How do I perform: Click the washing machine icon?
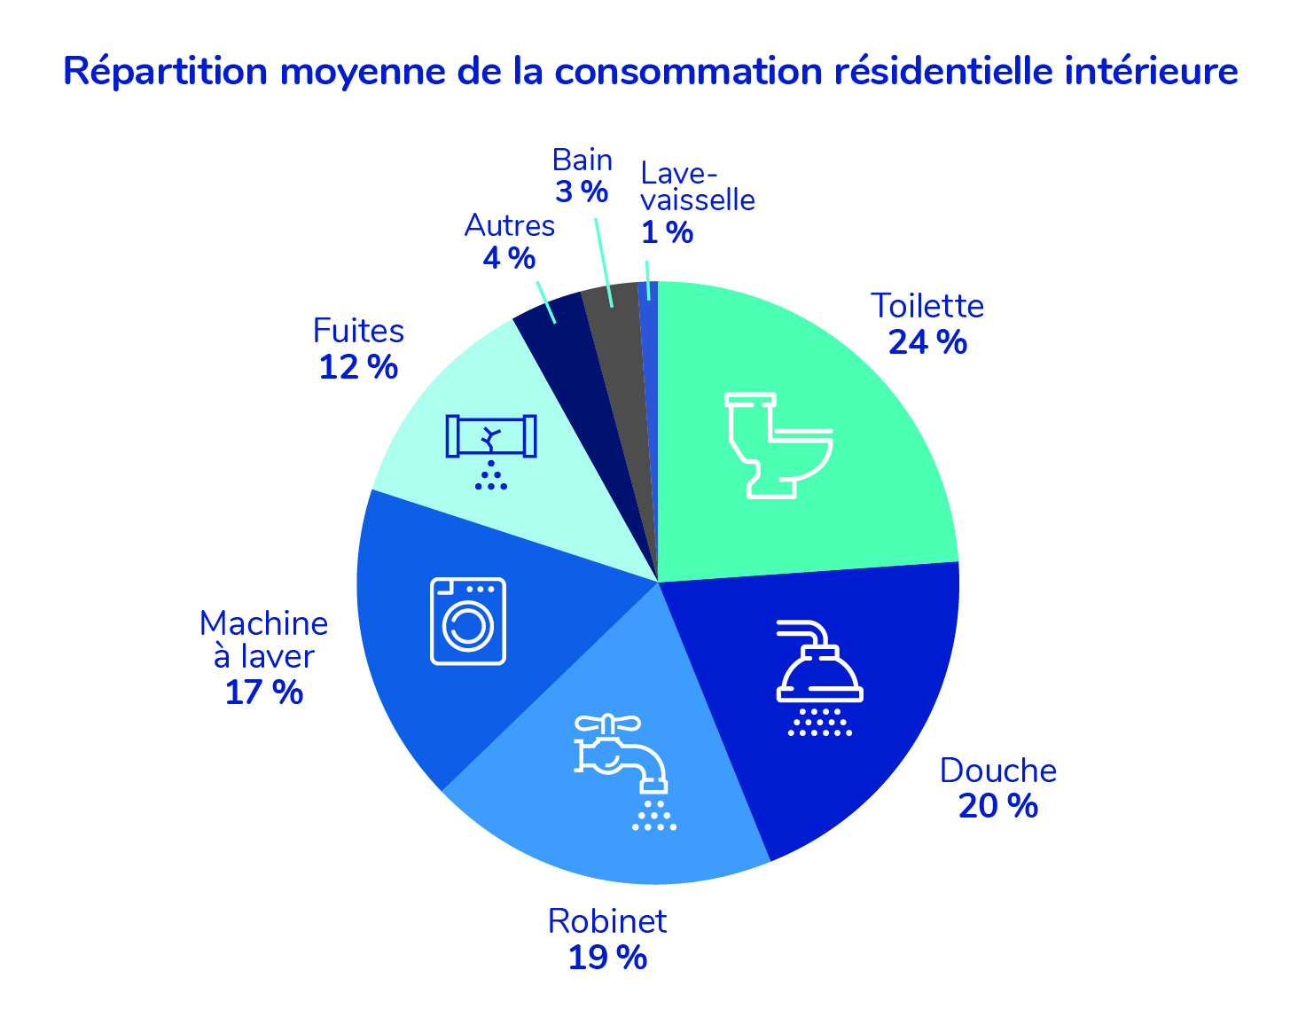[467, 621]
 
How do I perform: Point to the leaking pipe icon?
[491, 449]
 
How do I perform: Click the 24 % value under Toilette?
[927, 342]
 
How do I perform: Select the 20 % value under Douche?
[997, 806]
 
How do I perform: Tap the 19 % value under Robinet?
[607, 958]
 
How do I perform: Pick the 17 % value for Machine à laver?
[263, 692]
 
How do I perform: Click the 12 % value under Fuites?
[358, 366]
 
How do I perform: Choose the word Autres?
[510, 226]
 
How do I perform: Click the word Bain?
[582, 160]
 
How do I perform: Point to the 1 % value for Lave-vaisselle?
[667, 232]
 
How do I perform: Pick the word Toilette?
[927, 306]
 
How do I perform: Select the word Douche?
[998, 771]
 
